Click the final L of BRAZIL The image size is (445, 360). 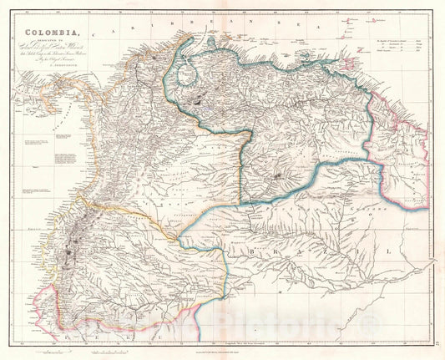(x=386, y=251)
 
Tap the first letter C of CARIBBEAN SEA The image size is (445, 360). (x=128, y=28)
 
